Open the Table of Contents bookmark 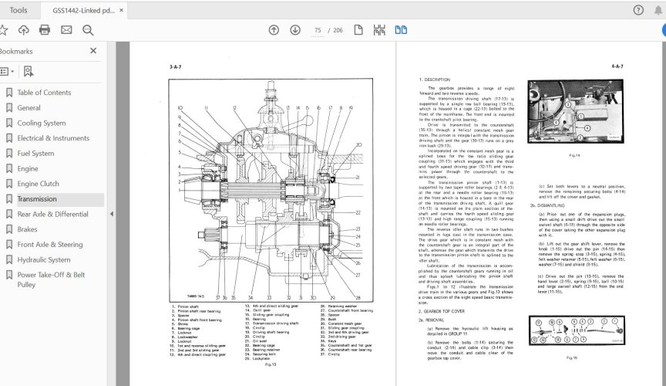(x=44, y=93)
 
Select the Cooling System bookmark (x=41, y=123)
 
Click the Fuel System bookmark (x=35, y=154)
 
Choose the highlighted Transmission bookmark (x=36, y=199)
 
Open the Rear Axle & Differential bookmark (x=52, y=214)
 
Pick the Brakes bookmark (x=27, y=229)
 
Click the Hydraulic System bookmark (x=43, y=260)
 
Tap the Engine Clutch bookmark (x=38, y=184)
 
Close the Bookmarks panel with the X (x=93, y=51)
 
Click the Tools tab (x=19, y=10)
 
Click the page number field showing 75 (x=318, y=30)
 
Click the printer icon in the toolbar (x=45, y=30)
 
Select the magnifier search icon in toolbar (x=88, y=30)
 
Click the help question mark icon (x=637, y=10)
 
